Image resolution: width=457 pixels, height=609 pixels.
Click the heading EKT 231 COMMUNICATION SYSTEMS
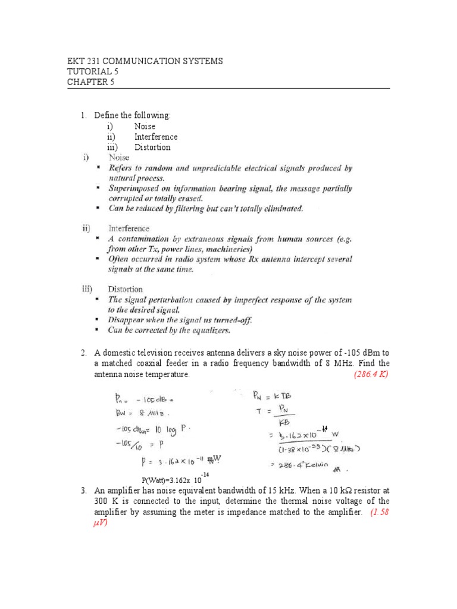point(145,61)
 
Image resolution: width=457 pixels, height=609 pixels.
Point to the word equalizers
point(209,329)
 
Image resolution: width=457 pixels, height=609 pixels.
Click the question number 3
point(84,491)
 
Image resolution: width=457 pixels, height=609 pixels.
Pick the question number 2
point(84,353)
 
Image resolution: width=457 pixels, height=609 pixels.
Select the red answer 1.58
point(378,513)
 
